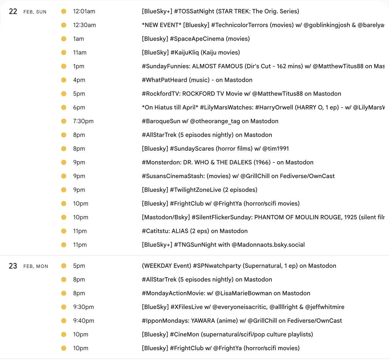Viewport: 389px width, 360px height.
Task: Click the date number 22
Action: point(13,12)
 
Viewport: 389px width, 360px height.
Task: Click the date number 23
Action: point(13,266)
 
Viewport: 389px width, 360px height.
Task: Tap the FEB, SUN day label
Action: point(35,12)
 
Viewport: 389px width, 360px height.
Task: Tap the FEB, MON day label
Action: point(36,266)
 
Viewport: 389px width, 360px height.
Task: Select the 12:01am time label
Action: point(84,11)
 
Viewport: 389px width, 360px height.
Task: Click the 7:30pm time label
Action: point(83,121)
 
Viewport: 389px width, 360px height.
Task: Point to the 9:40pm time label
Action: point(83,321)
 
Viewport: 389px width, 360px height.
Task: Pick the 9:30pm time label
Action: point(83,307)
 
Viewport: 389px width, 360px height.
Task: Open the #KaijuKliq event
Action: point(191,53)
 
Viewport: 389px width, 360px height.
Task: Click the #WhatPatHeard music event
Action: point(197,80)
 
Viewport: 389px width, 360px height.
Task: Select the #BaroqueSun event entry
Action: point(210,121)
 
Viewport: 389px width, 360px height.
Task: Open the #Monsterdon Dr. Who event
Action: point(227,162)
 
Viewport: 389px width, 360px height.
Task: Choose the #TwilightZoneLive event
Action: point(199,190)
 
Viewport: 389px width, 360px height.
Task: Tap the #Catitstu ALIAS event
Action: point(195,231)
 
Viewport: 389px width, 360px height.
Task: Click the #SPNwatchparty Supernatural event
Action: point(239,266)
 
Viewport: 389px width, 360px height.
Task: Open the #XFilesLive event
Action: point(243,307)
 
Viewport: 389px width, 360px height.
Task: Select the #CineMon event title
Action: point(227,335)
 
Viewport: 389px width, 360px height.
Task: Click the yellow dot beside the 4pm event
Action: point(64,80)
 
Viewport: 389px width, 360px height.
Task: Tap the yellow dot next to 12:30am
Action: point(64,25)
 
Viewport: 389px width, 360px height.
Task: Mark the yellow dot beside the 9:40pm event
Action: point(64,321)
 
